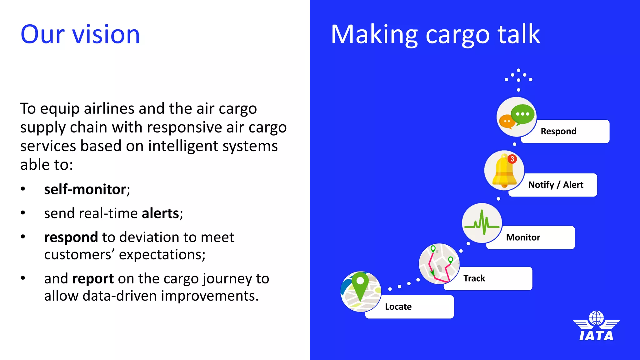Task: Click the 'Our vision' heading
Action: pyautogui.click(x=80, y=34)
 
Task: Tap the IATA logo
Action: pyautogui.click(x=596, y=326)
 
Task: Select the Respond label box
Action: pyautogui.click(x=565, y=131)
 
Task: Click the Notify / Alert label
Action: pyautogui.click(x=556, y=185)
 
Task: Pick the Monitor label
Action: pyautogui.click(x=530, y=237)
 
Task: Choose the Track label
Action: pyautogui.click(x=487, y=278)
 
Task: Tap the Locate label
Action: pyautogui.click(x=409, y=307)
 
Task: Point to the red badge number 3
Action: pyautogui.click(x=512, y=159)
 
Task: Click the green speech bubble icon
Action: pyautogui.click(x=522, y=114)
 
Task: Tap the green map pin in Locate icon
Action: pyautogui.click(x=360, y=284)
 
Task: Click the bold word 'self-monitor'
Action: pyautogui.click(x=85, y=189)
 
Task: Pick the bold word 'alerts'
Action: pyautogui.click(x=160, y=213)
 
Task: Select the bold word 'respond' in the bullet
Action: pyautogui.click(x=71, y=237)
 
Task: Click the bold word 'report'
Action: pyautogui.click(x=93, y=279)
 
